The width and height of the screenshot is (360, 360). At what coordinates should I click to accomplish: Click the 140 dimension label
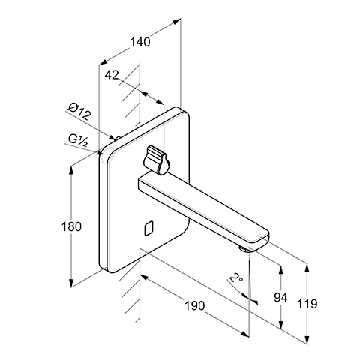point(140,42)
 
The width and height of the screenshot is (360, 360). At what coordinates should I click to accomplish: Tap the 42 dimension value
point(112,75)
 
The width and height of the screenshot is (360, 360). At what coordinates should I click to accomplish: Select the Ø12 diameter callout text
point(79,112)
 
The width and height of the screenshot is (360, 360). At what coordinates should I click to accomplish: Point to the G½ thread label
point(78,140)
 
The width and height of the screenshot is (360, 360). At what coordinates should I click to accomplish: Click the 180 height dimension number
point(71,226)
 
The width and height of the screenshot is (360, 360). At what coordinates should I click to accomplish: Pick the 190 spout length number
point(194,305)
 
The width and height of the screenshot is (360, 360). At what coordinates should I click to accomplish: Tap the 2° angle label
point(236,277)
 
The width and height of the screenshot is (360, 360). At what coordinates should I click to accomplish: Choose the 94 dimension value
point(280,298)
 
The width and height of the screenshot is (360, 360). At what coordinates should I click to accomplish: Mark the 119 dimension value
point(307,304)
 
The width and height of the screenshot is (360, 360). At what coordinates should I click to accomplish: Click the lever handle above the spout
point(156,160)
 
